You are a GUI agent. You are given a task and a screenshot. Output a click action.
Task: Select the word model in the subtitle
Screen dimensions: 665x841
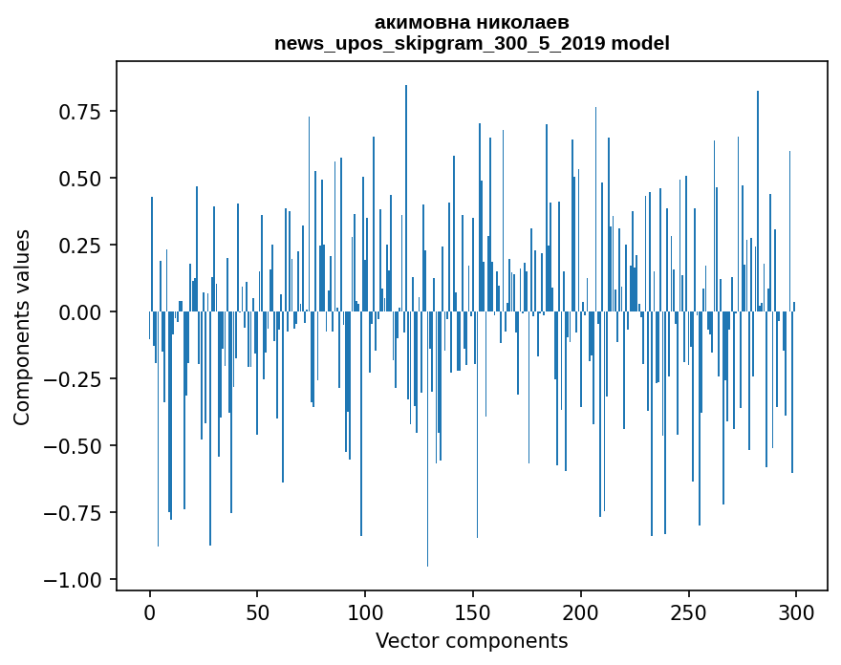click(x=640, y=43)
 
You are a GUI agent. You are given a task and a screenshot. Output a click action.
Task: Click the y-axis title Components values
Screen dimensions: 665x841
click(x=22, y=327)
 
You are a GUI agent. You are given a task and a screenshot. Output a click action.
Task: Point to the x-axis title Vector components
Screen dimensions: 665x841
click(x=471, y=640)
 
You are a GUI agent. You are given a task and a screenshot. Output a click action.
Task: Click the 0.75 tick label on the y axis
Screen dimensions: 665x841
click(x=80, y=113)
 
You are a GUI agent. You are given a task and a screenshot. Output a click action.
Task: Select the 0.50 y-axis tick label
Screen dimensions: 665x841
click(x=80, y=179)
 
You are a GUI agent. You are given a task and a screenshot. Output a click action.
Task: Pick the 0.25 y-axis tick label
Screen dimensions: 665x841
click(x=80, y=246)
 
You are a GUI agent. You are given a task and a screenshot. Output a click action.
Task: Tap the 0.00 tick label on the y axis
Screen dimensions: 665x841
click(x=80, y=312)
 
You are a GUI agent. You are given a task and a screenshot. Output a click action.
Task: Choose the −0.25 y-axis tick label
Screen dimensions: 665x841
click(x=74, y=379)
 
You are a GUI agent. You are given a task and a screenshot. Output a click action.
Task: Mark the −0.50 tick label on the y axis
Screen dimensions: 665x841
click(x=74, y=446)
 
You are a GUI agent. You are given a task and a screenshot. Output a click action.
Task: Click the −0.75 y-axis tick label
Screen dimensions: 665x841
click(x=74, y=513)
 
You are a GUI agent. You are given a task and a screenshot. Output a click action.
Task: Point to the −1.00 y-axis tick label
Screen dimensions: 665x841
click(x=74, y=580)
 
